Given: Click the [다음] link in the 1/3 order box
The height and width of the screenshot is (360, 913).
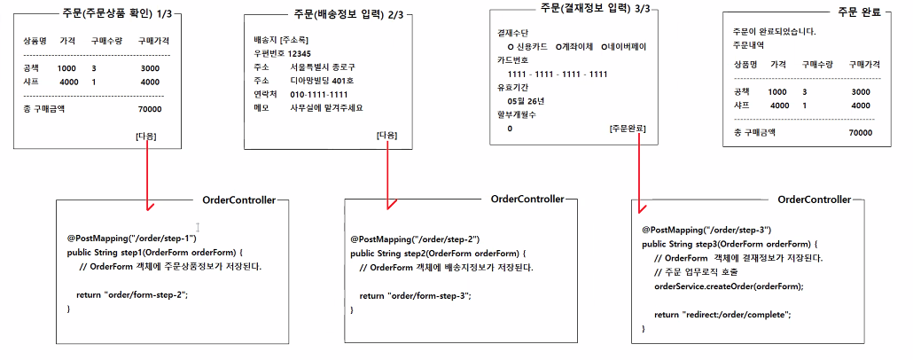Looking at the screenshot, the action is (x=147, y=136).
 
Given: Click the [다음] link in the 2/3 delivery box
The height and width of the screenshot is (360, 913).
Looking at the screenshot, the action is (x=387, y=135).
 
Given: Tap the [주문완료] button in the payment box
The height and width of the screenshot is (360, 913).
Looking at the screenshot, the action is (x=628, y=129).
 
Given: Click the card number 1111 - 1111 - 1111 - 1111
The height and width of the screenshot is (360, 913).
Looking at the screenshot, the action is (x=558, y=74).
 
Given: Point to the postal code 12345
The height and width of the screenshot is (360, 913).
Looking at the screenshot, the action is (x=293, y=53).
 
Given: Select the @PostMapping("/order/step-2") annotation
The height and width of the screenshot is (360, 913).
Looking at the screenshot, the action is (x=415, y=239).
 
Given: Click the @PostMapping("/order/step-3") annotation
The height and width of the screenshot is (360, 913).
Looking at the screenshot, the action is (x=706, y=229).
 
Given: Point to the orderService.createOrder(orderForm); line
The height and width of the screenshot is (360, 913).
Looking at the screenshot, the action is (x=729, y=286).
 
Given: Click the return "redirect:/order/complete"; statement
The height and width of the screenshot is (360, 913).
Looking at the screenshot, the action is (x=722, y=314).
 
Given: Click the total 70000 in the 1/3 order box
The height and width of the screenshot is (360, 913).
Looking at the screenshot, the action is (x=150, y=109).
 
